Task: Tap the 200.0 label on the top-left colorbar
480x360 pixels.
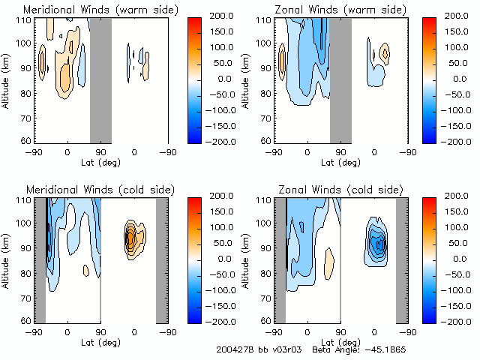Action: pyautogui.click(x=212, y=16)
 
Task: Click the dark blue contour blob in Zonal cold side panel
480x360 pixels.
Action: pyautogui.click(x=380, y=243)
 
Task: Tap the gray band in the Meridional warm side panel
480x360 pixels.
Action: pyautogui.click(x=100, y=79)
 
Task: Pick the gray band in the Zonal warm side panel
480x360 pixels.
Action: pyautogui.click(x=340, y=79)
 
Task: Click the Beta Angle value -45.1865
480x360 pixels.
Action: pyautogui.click(x=386, y=350)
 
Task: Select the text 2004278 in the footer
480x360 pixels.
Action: pyautogui.click(x=235, y=350)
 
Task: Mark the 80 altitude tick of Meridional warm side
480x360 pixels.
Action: pyautogui.click(x=24, y=94)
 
